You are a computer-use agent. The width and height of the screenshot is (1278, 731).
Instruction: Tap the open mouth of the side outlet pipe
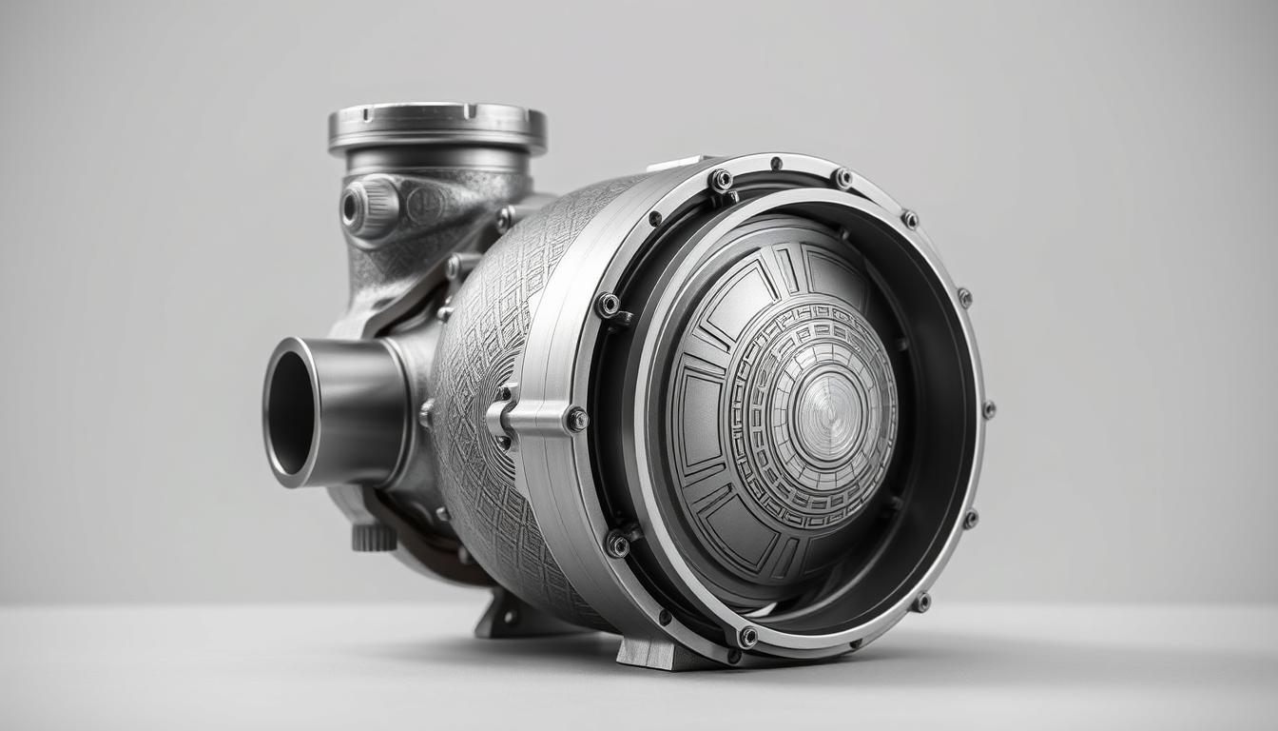[x=289, y=411]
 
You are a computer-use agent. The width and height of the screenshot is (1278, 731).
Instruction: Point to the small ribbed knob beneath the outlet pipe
[x=374, y=537]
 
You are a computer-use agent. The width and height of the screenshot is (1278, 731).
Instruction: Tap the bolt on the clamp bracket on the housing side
[x=576, y=419]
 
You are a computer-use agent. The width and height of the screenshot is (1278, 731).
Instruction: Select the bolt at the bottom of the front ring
[x=747, y=637]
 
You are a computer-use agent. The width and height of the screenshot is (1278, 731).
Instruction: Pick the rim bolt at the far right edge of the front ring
[x=988, y=409]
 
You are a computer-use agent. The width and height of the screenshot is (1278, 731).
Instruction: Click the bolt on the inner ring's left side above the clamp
[x=608, y=305]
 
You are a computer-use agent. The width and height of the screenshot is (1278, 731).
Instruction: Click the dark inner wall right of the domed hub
[x=937, y=409]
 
